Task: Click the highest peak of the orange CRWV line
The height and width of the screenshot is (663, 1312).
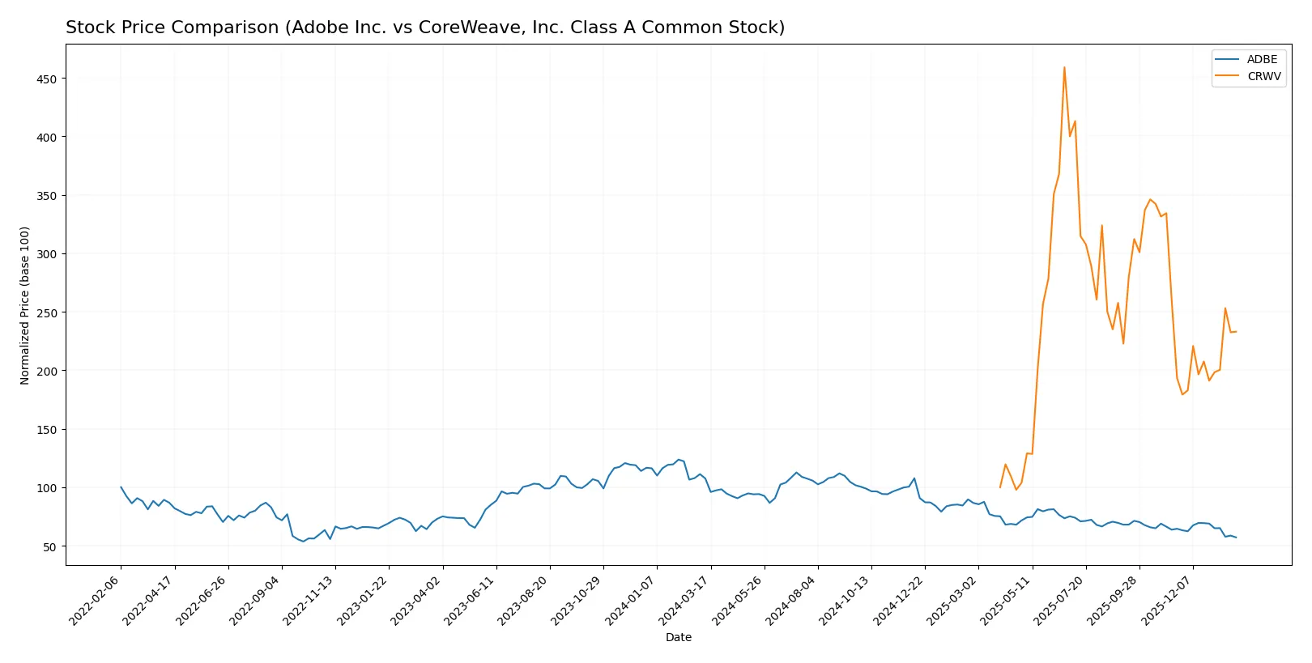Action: tap(1064, 67)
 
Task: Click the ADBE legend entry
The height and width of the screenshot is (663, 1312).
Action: tap(1262, 60)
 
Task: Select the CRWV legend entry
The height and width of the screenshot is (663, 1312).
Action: tap(1263, 77)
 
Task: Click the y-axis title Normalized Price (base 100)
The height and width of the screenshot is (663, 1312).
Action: tap(25, 305)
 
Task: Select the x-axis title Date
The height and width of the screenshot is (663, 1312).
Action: tap(678, 638)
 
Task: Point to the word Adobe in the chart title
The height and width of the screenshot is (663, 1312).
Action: tap(311, 28)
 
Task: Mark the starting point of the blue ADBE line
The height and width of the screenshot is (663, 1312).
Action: tap(121, 487)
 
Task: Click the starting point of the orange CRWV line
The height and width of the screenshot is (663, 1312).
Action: tap(1000, 487)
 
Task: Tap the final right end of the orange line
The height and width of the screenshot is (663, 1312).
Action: tap(1236, 331)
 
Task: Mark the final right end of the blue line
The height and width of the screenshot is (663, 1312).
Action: tap(1236, 538)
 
